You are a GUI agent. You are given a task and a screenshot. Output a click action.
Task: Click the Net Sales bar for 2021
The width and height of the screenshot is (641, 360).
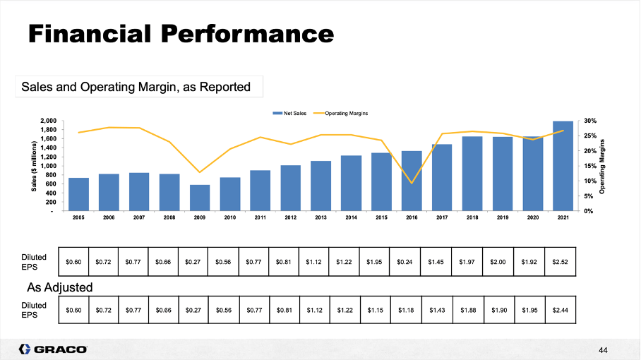pos(563,167)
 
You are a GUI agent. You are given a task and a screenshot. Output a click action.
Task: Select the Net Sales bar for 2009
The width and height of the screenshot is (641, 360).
pos(200,198)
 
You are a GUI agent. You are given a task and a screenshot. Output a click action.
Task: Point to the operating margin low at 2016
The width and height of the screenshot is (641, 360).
pos(412,183)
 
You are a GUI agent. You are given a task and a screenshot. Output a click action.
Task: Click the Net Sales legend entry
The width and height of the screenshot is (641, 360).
pos(289,113)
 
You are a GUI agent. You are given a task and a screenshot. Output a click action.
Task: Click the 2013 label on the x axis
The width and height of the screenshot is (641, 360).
pos(320,218)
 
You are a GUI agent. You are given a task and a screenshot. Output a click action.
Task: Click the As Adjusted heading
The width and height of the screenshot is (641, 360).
pos(60,287)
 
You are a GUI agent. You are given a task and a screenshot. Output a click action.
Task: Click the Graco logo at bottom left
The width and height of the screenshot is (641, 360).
pos(53,349)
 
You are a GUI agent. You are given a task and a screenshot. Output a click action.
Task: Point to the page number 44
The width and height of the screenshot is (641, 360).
pos(602,349)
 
